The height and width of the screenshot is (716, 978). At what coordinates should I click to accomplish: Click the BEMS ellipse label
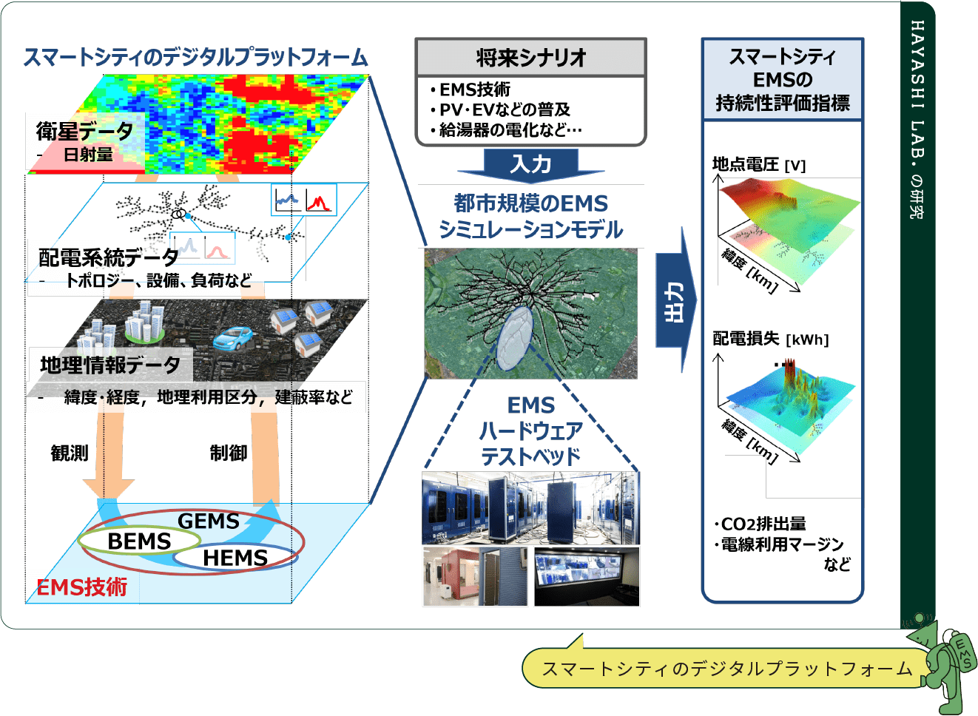139,541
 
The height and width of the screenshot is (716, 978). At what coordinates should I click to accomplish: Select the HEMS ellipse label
235,558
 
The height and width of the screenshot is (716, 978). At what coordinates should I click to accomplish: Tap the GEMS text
209,521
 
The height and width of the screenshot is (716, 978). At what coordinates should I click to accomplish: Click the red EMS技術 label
81,587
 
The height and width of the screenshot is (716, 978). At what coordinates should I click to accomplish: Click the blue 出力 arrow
676,300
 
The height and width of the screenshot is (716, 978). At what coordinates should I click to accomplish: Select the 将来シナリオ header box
530,57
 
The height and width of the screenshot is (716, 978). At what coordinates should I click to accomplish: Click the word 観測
70,453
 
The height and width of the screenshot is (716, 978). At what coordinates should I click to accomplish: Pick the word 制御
229,453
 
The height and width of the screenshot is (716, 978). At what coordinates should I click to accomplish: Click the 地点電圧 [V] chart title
759,165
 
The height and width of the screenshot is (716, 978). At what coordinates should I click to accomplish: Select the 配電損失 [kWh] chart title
771,339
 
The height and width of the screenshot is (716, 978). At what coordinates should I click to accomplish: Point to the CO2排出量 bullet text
761,524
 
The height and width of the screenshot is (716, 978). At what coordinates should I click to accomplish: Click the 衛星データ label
84,131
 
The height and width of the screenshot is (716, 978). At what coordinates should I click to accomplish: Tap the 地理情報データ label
110,365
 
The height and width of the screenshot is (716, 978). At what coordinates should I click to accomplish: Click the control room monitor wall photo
587,576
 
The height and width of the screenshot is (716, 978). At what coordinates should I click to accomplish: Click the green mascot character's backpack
964,650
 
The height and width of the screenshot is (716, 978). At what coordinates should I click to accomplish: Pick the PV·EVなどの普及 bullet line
505,109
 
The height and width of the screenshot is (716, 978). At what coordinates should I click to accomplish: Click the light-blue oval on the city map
515,338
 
